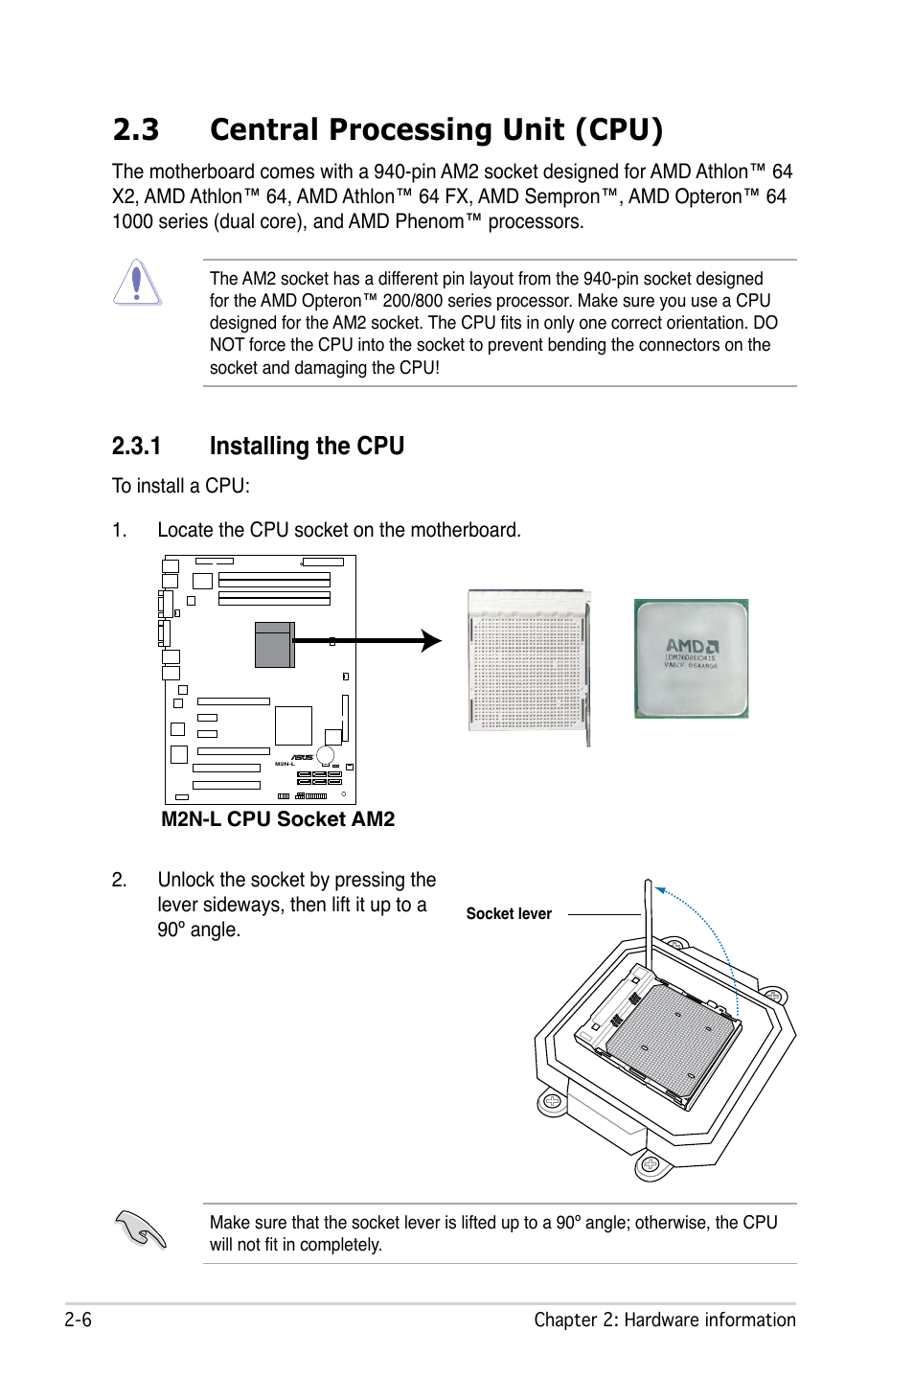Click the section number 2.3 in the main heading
point(136,130)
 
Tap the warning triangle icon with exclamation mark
point(137,283)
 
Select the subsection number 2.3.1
point(136,447)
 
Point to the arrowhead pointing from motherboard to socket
point(432,641)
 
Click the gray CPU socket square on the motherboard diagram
point(274,645)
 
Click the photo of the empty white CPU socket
point(529,661)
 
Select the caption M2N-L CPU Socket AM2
point(278,819)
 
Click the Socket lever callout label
point(509,914)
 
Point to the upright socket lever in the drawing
point(649,925)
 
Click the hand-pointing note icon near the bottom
point(141,1229)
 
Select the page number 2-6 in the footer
point(79,1320)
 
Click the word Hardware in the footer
point(661,1320)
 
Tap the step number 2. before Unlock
point(119,880)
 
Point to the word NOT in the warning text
point(227,345)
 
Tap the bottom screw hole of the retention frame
point(650,1165)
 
